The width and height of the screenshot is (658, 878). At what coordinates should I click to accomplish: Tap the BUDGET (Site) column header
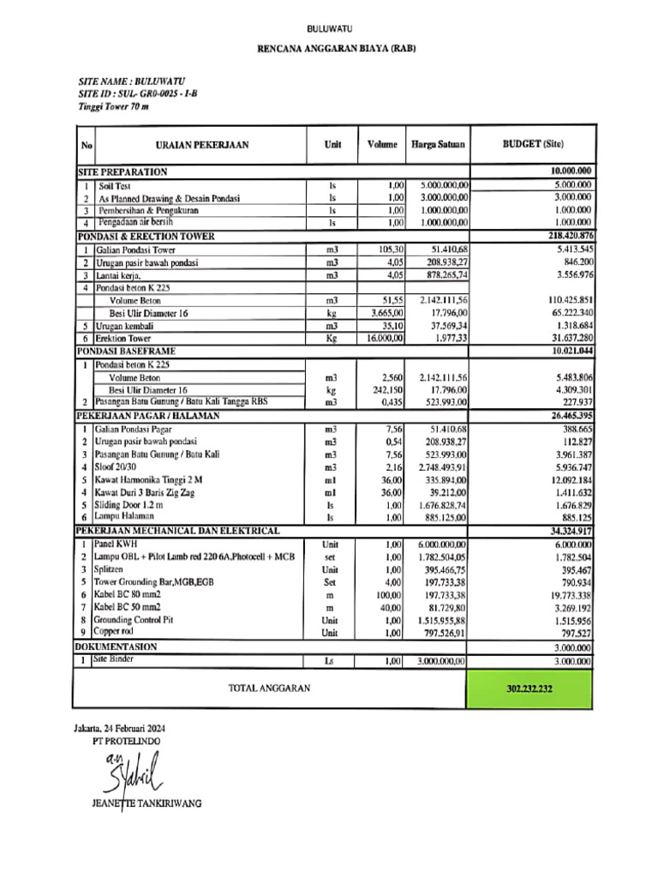532,144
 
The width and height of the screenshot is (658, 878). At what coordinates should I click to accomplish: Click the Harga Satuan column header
438,145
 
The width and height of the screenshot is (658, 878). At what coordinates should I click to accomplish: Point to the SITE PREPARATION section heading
123,172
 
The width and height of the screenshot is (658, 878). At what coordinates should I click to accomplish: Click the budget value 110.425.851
563,300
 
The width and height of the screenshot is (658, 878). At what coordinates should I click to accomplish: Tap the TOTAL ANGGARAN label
269,688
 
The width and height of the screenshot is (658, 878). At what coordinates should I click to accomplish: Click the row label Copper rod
114,632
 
